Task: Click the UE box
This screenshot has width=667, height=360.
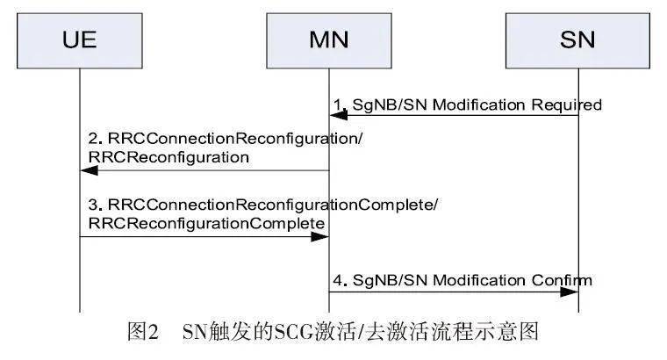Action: pos(79,40)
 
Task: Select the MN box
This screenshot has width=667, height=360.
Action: pos(329,40)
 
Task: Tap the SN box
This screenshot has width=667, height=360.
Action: pos(577,40)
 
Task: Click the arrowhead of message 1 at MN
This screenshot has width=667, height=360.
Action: pos(334,115)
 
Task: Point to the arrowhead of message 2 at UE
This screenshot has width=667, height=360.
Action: pos(85,172)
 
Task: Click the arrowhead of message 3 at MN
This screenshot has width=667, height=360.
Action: pos(322,235)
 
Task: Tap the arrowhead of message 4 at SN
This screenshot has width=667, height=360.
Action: pos(571,292)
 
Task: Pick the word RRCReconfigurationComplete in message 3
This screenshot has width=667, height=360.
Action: pos(203,225)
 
